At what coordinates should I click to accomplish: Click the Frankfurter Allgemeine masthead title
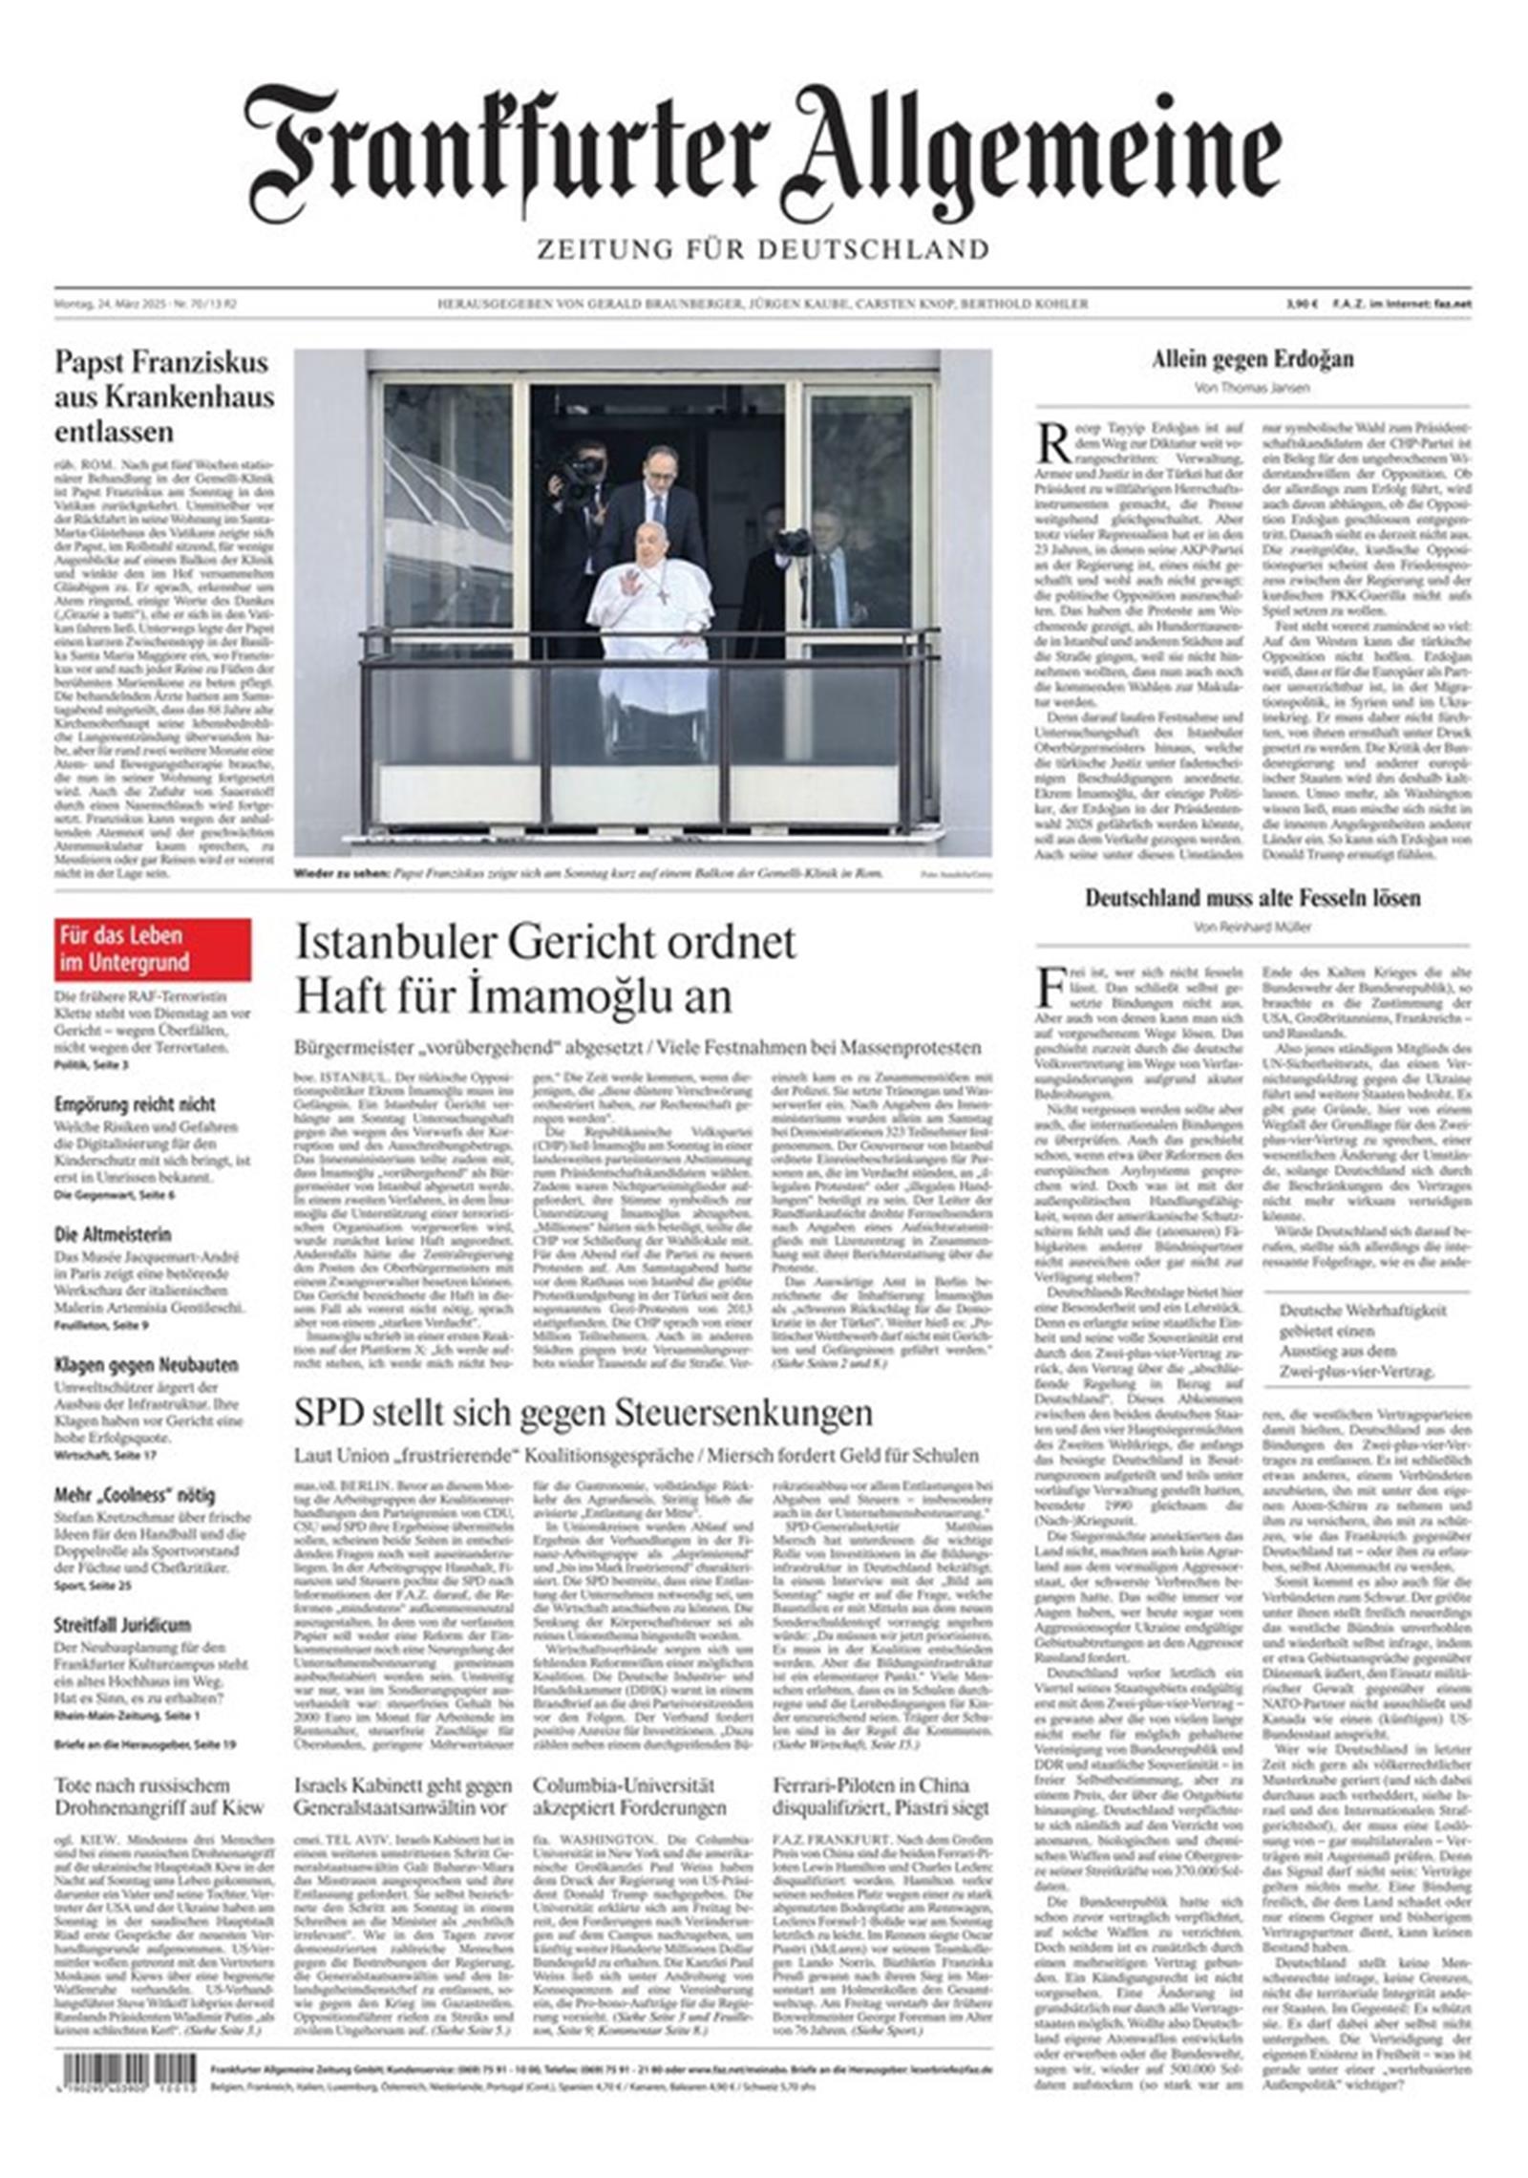pos(762,153)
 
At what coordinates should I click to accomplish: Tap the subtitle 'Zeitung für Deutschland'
pos(762,250)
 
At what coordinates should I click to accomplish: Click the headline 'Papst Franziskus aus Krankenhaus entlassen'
pos(163,396)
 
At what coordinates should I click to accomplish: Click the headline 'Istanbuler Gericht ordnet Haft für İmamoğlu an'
pos(544,969)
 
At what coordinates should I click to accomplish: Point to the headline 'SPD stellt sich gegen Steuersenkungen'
pos(583,1412)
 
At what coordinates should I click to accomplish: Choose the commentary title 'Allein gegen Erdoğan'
pos(1252,360)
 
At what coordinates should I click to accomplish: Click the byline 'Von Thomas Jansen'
pos(1252,388)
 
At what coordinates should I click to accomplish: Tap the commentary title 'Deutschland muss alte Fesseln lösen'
pos(1252,898)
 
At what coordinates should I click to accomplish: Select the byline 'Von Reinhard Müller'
pos(1252,927)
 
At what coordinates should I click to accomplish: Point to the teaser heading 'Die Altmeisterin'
pos(113,1234)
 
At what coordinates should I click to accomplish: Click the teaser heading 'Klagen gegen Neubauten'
pos(146,1365)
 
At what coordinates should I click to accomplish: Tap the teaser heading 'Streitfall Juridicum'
pos(122,1625)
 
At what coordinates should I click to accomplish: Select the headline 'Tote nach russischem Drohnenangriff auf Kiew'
pos(159,1796)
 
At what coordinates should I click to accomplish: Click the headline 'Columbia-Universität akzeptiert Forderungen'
pos(629,1796)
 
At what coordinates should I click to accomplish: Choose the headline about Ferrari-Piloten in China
pos(881,1796)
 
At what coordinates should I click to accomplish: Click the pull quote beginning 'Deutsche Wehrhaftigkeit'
pos(1363,1341)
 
